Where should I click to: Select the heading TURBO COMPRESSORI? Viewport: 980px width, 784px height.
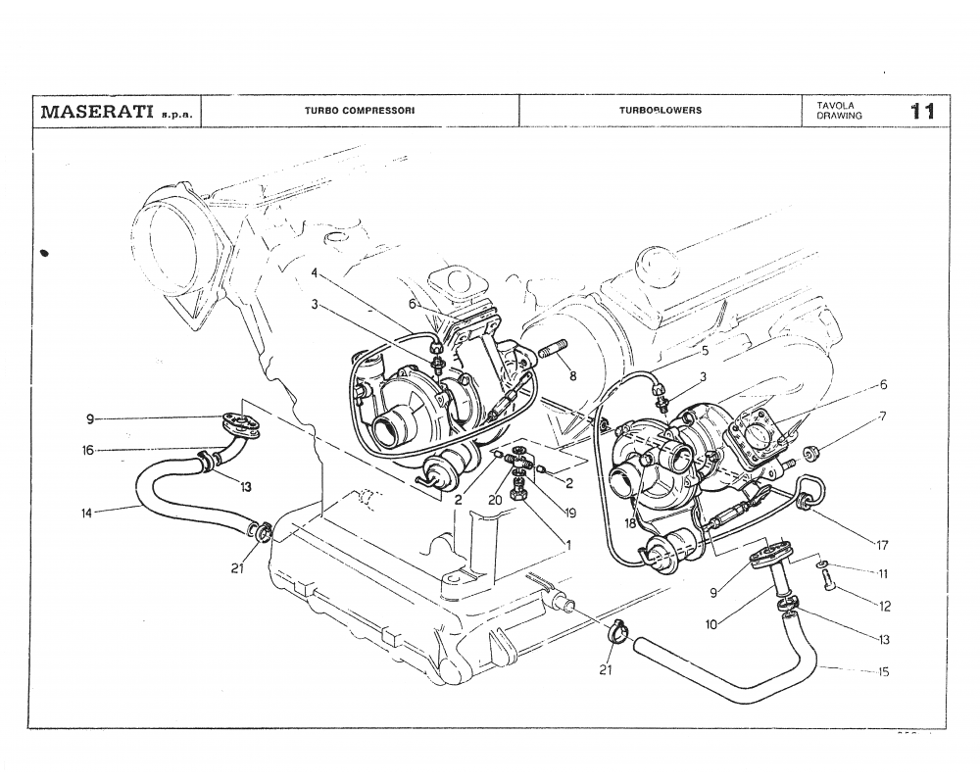click(360, 110)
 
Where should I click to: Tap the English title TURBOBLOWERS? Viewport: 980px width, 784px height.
click(660, 110)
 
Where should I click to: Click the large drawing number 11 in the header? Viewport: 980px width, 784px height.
click(921, 110)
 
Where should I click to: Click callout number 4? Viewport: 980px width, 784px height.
click(315, 271)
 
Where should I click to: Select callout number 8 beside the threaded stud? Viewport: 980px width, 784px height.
click(572, 375)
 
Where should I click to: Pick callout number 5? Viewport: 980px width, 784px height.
click(705, 348)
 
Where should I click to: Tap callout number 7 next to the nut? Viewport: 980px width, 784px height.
click(883, 416)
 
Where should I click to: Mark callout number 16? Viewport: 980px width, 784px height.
click(88, 451)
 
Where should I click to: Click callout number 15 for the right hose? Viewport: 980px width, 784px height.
click(883, 671)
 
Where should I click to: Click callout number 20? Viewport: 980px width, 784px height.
click(494, 499)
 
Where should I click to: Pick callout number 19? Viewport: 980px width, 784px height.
click(568, 512)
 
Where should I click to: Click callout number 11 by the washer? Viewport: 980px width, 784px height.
click(882, 572)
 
